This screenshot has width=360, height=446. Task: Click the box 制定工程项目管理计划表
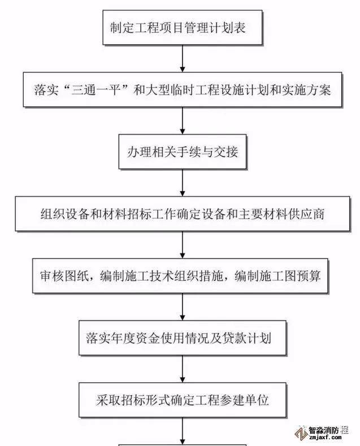[x=182, y=27]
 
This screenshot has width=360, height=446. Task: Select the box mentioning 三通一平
[x=182, y=90]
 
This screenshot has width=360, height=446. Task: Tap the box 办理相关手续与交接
[x=182, y=152]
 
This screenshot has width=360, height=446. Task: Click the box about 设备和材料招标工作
[x=182, y=214]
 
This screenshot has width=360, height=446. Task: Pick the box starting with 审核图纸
[x=182, y=276]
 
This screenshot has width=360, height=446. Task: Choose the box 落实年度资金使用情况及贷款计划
[x=182, y=339]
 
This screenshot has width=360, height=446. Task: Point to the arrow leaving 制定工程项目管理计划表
[x=182, y=58]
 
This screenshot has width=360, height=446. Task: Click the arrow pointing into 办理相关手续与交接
[x=182, y=121]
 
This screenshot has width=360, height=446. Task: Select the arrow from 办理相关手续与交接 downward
[x=182, y=183]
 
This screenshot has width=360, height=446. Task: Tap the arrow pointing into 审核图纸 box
[x=182, y=245]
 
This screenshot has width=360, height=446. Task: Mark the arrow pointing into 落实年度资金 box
[x=182, y=308]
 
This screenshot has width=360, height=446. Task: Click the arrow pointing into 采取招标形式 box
[x=182, y=370]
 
